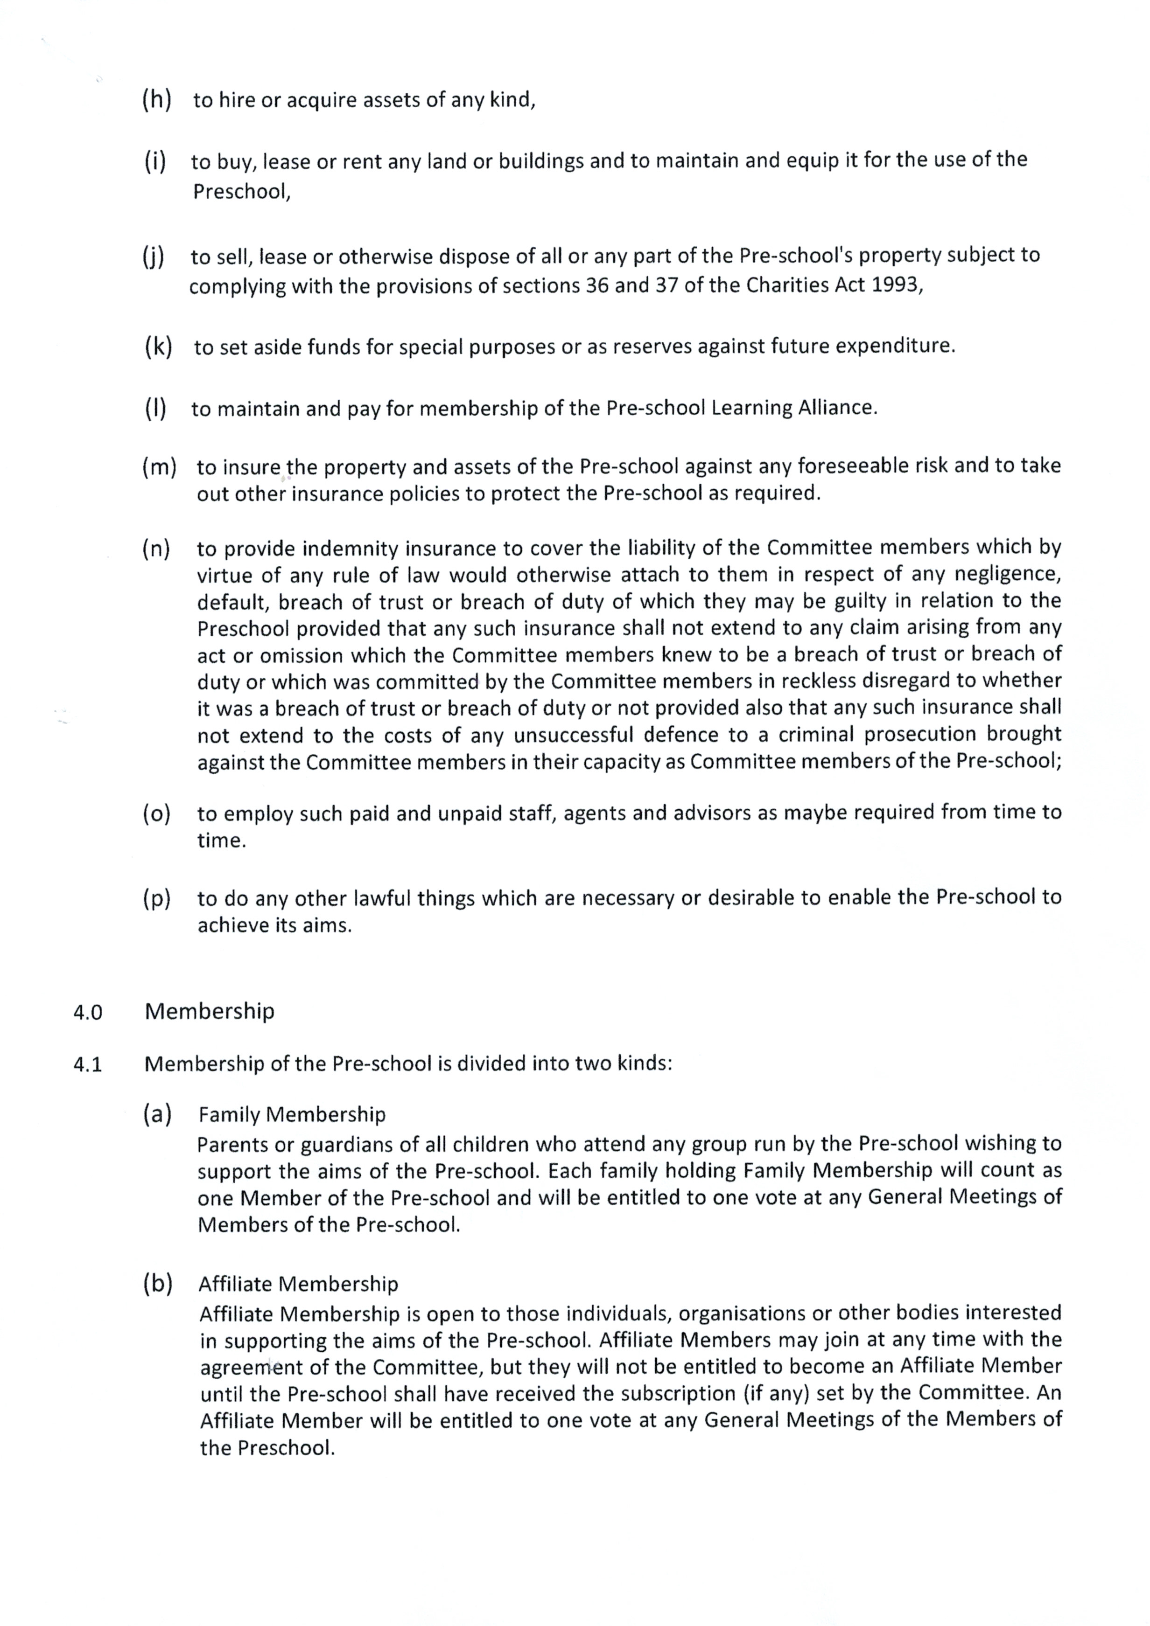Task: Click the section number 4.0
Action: (88, 1013)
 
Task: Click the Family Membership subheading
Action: (292, 1115)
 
